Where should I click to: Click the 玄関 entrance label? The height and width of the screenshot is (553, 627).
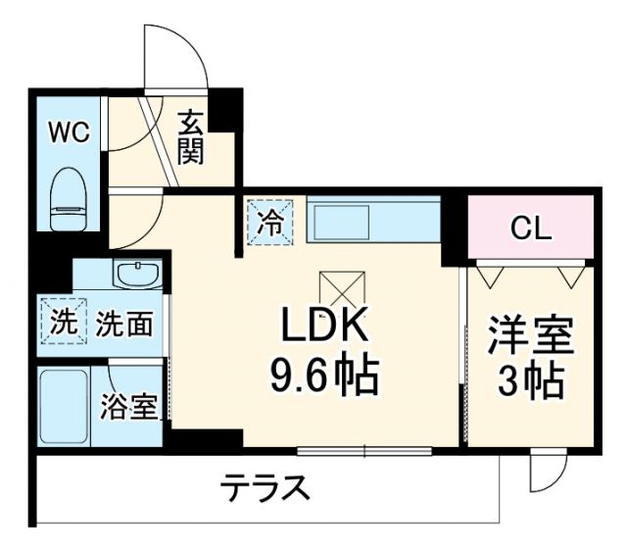click(191, 138)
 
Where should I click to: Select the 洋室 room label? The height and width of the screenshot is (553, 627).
click(530, 336)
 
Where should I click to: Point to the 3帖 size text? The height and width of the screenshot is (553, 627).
click(530, 380)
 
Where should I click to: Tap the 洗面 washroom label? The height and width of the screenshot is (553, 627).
click(124, 324)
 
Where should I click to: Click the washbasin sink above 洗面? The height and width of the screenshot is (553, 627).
click(137, 275)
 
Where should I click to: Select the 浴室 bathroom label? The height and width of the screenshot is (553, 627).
click(129, 406)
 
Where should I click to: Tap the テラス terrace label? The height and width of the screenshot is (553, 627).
click(265, 487)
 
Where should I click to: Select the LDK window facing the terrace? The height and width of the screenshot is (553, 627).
click(364, 451)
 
